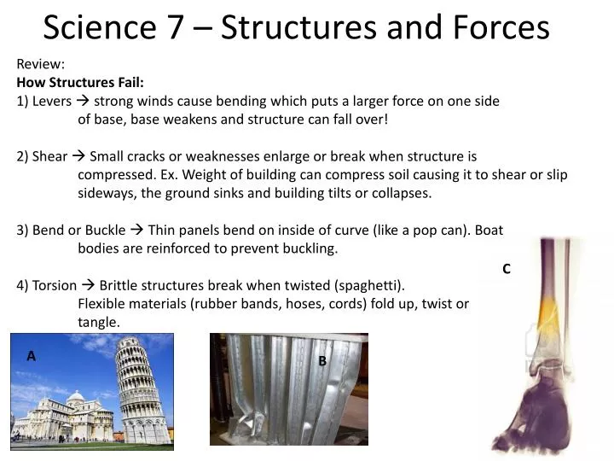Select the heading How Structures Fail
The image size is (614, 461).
pos(81,82)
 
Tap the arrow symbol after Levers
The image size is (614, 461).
pos(83,101)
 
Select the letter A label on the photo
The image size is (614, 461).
pos(32,357)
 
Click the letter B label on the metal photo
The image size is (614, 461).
pos(322,361)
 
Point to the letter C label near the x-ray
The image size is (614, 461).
pos(506,269)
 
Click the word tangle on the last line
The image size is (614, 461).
pos(99,323)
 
